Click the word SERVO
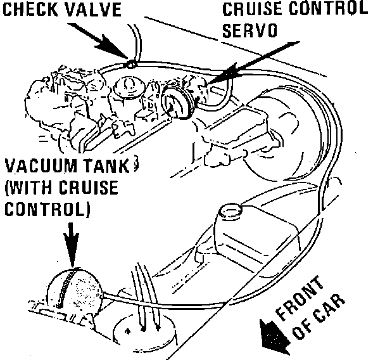248,31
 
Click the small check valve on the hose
130,63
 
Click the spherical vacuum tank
74,289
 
